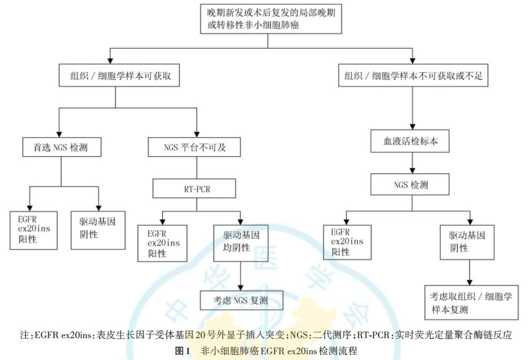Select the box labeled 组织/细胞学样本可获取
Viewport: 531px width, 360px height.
coord(117,76)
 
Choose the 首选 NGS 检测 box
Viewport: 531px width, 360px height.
coord(62,147)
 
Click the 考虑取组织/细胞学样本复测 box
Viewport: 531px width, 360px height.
coord(471,302)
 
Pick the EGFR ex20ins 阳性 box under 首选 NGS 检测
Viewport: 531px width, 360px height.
coord(33,230)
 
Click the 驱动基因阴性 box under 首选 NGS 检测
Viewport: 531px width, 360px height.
coord(99,230)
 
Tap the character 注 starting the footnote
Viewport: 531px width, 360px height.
coord(25,336)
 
